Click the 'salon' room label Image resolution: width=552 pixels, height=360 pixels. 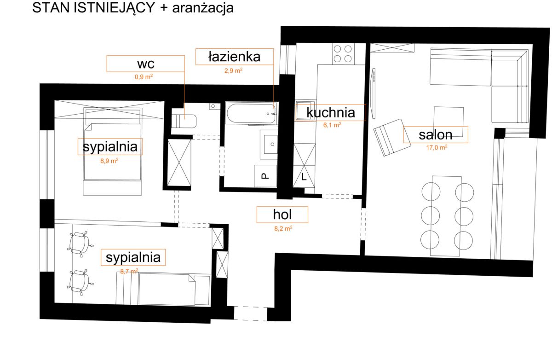pyautogui.click(x=436, y=134)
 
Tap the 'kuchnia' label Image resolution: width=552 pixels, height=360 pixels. pyautogui.click(x=331, y=112)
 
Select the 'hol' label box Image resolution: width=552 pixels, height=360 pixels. pyautogui.click(x=282, y=215)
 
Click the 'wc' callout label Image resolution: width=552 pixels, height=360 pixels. pyautogui.click(x=146, y=64)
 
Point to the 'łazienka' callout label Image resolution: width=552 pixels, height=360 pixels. pyautogui.click(x=234, y=57)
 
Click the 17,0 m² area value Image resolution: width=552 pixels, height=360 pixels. pyautogui.click(x=437, y=147)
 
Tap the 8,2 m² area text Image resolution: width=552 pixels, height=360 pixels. pyautogui.click(x=283, y=228)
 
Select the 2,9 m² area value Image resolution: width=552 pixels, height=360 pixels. pyautogui.click(x=233, y=70)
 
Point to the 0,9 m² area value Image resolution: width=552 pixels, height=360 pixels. pyautogui.click(x=144, y=77)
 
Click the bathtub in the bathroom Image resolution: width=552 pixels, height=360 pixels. pyautogui.click(x=251, y=113)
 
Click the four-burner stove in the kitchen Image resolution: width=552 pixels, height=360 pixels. pyautogui.click(x=343, y=54)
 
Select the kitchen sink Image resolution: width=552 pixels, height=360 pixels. pyautogui.click(x=305, y=110)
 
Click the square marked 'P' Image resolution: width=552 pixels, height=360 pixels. pyautogui.click(x=265, y=176)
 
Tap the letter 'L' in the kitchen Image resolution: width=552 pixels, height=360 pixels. pyautogui.click(x=304, y=177)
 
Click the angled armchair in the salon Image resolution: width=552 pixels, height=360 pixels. pyautogui.click(x=392, y=137)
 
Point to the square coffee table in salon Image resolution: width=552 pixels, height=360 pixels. pyautogui.click(x=448, y=122)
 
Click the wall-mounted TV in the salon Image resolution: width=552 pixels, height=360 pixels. pyautogui.click(x=374, y=93)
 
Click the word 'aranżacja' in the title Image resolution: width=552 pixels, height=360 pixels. pyautogui.click(x=203, y=8)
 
